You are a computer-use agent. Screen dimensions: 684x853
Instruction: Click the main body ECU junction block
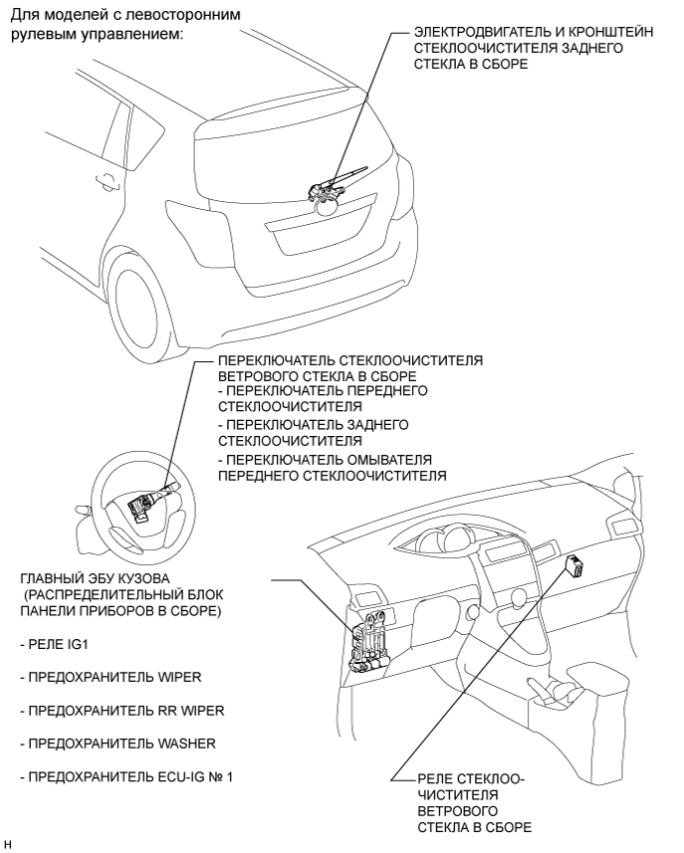tap(368, 641)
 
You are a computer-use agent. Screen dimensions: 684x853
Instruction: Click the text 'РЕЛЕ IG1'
tap(54, 645)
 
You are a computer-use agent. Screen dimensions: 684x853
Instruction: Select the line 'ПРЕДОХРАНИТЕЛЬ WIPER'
tap(111, 678)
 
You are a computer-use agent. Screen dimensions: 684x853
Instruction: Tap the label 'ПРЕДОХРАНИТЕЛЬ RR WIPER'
tap(122, 711)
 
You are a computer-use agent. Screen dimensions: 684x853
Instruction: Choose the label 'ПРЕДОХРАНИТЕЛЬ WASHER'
tap(118, 744)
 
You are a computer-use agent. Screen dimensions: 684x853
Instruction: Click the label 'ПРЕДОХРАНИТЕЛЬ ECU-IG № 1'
tap(126, 776)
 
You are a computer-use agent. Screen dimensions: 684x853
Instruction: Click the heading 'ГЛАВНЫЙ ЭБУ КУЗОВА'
tap(96, 578)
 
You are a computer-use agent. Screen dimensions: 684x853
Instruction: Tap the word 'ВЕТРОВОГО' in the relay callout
tap(458, 811)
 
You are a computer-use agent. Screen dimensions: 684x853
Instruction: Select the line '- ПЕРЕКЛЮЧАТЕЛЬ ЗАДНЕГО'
tap(313, 424)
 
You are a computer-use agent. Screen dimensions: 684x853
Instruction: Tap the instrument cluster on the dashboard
tap(442, 538)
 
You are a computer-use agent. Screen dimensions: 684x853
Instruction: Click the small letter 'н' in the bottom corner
tap(7, 844)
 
